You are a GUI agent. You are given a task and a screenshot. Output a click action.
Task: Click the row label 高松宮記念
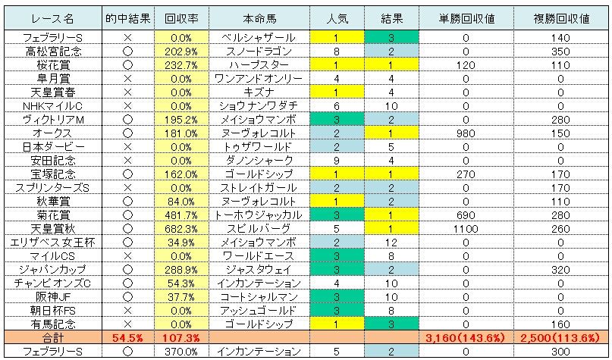click(x=53, y=52)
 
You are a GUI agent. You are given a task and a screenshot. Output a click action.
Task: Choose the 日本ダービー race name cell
click(x=53, y=146)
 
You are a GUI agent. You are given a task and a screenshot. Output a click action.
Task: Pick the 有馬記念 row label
click(x=53, y=323)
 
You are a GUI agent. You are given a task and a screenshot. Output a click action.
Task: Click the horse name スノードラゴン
click(x=259, y=52)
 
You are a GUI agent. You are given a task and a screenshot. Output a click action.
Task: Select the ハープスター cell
click(x=259, y=65)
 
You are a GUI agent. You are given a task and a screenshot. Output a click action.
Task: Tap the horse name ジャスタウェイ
click(x=259, y=268)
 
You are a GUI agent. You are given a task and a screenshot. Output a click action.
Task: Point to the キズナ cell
click(x=259, y=92)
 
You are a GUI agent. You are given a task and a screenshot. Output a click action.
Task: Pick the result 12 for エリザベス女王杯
click(x=391, y=241)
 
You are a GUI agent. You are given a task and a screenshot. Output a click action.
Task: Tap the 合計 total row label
click(x=53, y=337)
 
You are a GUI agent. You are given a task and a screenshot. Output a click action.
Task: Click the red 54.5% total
click(x=127, y=337)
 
